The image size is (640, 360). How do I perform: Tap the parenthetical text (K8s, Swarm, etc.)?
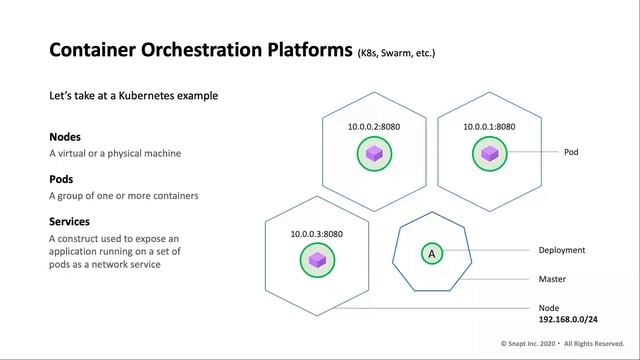coord(396,52)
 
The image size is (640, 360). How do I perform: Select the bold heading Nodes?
coord(65,136)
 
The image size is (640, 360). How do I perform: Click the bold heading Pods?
coord(62,178)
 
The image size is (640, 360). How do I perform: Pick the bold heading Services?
coord(69,220)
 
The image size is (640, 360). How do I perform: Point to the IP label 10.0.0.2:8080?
coord(375,127)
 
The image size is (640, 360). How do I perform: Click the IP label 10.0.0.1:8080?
coord(489,127)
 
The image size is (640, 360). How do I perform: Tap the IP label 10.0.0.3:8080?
coord(317,234)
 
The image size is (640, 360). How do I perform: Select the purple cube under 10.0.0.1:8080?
coord(489,153)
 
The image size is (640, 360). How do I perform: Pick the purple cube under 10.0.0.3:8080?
coord(317,260)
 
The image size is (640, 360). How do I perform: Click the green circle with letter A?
coord(432,254)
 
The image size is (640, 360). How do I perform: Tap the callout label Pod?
coord(571,153)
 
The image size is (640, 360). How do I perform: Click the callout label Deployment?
coord(562,251)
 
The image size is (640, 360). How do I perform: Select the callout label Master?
coord(553,280)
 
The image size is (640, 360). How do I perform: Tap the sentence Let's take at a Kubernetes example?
coord(133,96)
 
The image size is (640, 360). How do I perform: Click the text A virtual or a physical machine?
coord(114,154)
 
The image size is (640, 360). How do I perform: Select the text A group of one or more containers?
coord(123,196)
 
